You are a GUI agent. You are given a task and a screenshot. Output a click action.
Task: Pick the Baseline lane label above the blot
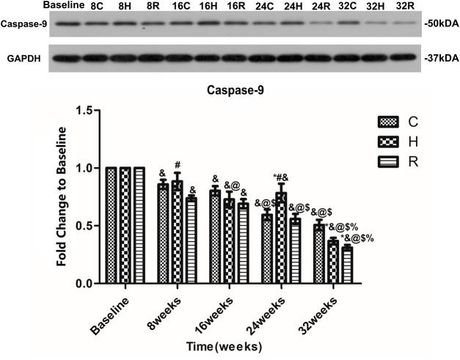pyautogui.click(x=62, y=5)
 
